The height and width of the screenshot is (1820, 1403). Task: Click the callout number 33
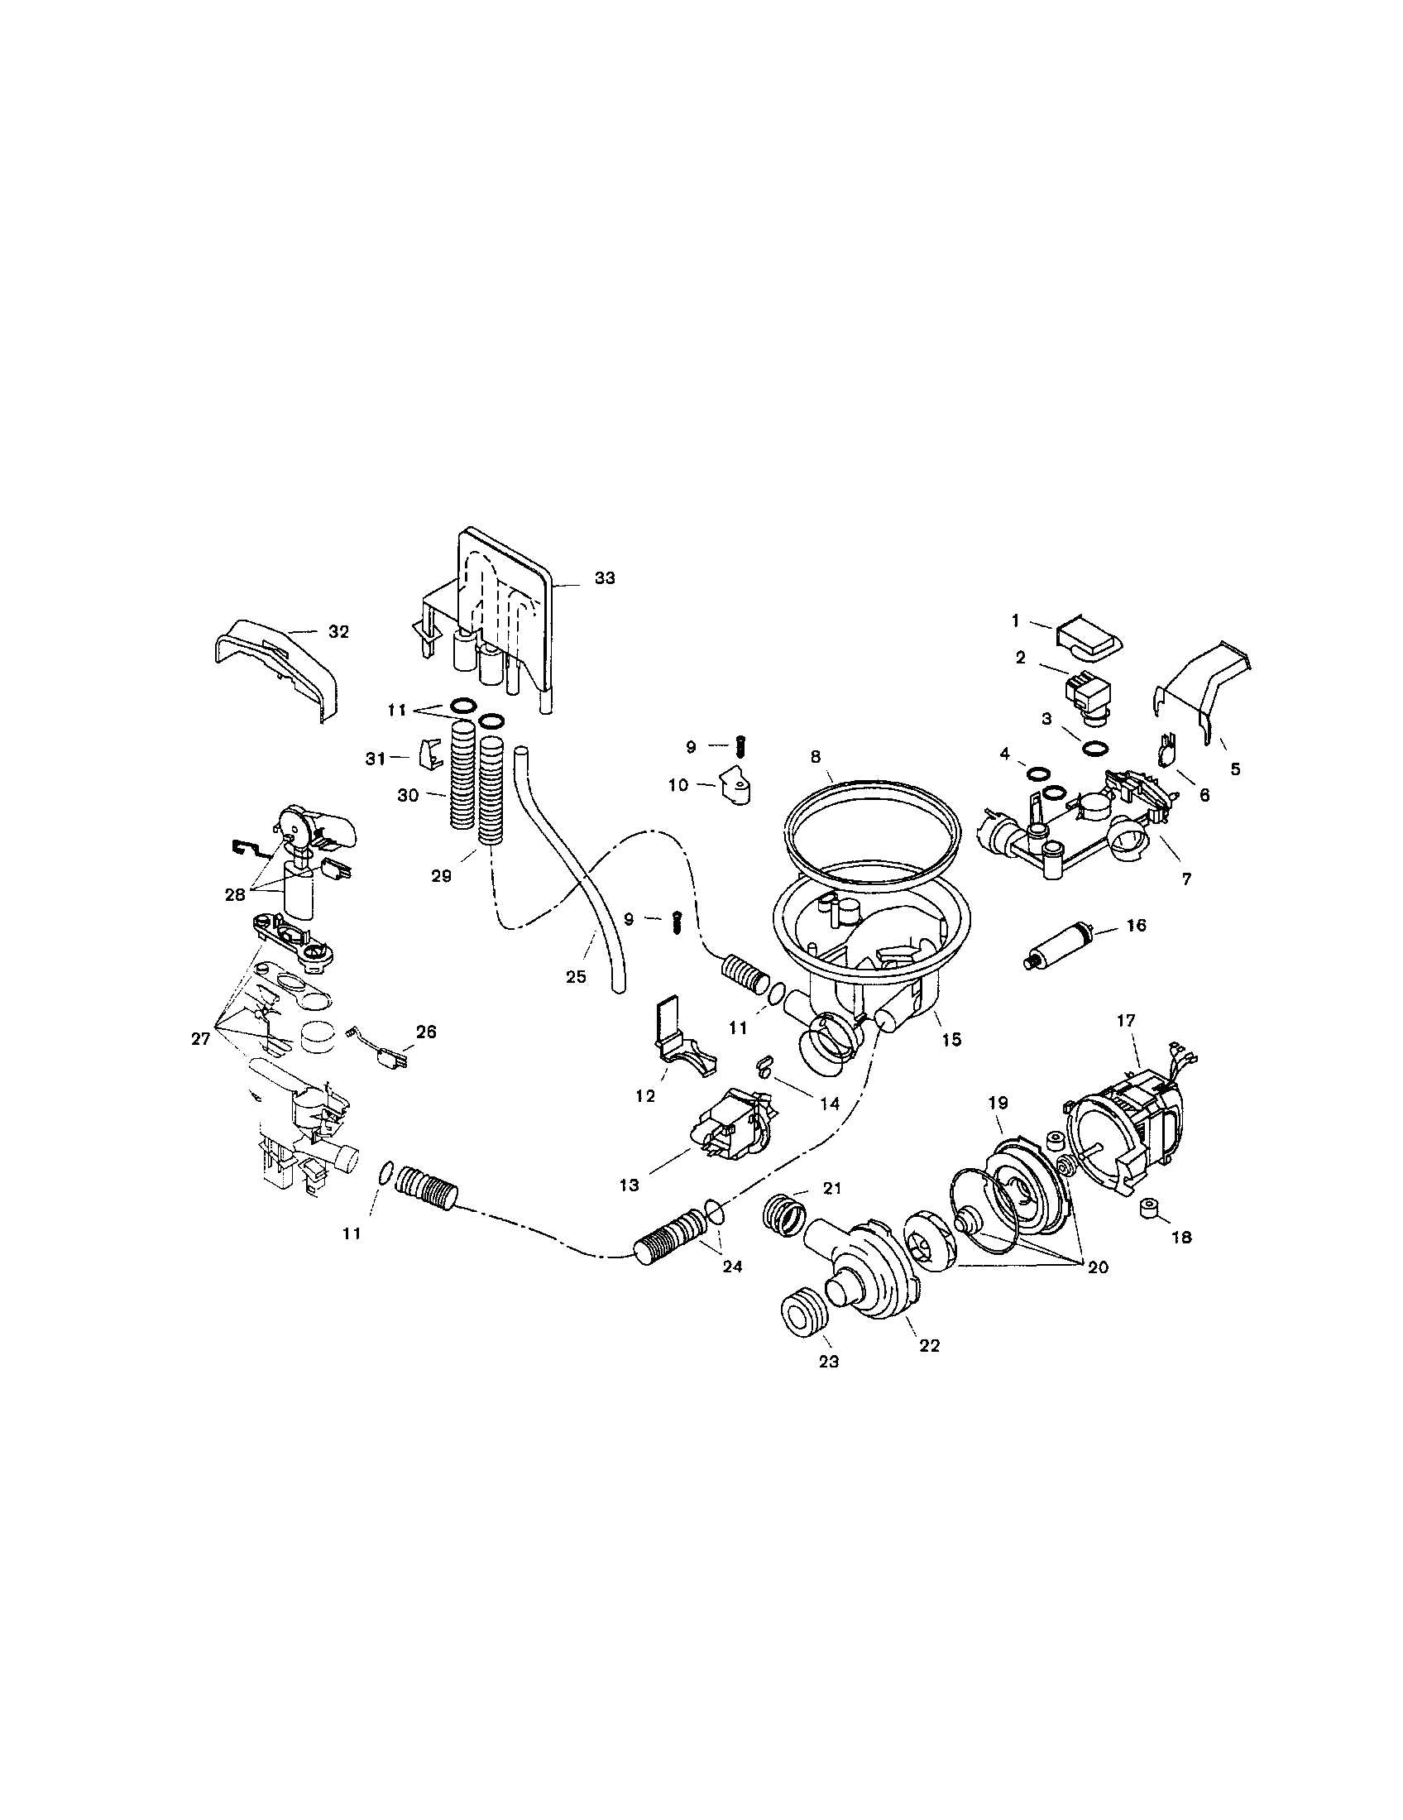point(605,578)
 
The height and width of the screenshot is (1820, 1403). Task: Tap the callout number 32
point(338,632)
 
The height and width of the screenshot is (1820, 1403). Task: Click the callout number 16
point(1136,926)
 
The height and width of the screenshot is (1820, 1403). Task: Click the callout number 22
point(930,1345)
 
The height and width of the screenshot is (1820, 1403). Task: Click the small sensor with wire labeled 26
point(385,1057)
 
